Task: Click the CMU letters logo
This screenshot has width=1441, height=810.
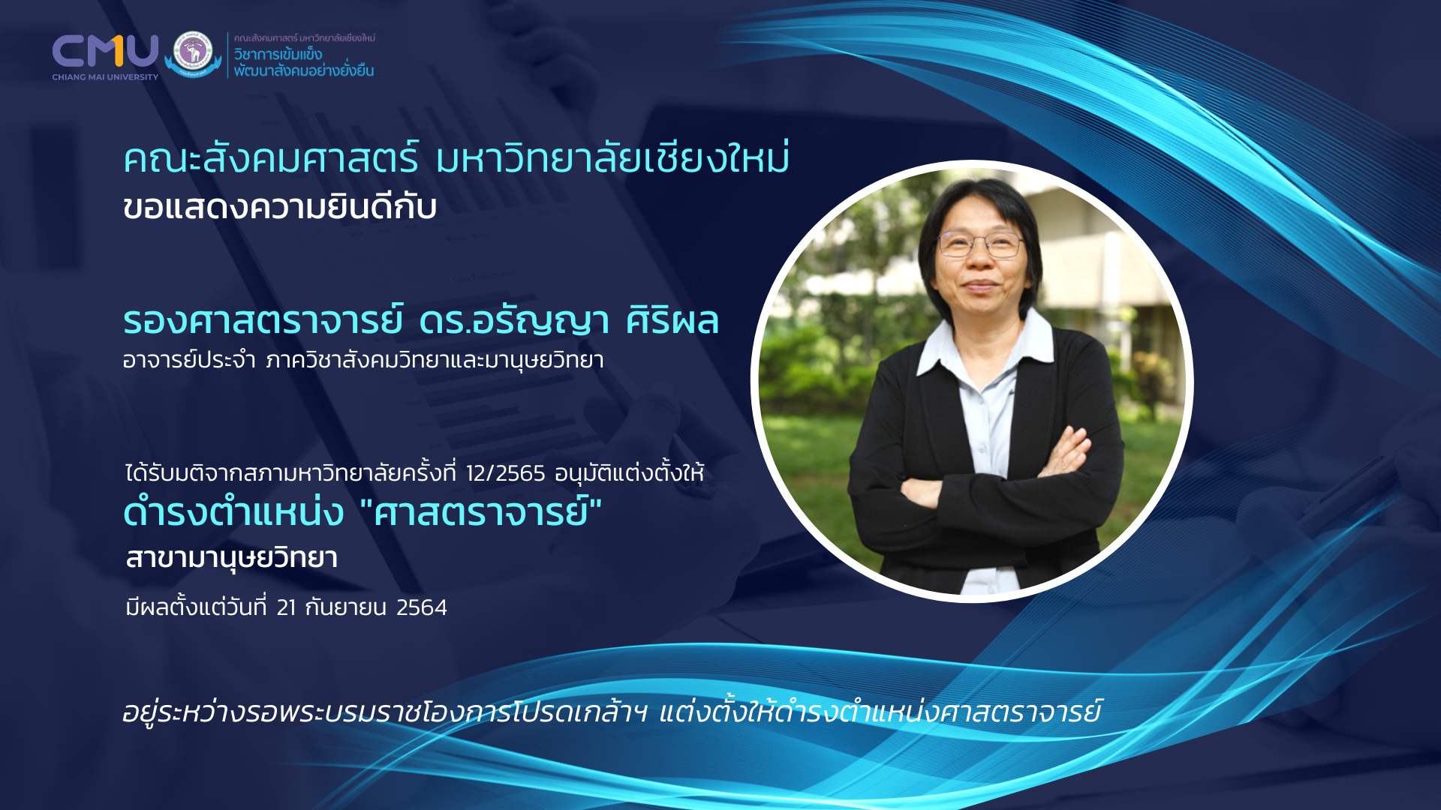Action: click(105, 50)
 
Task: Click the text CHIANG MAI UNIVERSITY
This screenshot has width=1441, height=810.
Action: click(105, 76)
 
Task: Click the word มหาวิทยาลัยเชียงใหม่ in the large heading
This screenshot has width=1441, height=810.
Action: click(612, 158)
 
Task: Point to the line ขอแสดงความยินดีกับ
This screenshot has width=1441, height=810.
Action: click(280, 207)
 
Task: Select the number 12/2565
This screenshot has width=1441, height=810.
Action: click(505, 474)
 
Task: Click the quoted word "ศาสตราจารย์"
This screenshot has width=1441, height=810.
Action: click(481, 512)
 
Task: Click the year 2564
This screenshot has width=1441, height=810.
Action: click(422, 607)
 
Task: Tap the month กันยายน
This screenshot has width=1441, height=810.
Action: click(346, 607)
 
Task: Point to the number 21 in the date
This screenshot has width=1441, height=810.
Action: click(286, 607)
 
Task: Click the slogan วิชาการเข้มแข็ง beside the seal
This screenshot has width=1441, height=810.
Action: click(278, 55)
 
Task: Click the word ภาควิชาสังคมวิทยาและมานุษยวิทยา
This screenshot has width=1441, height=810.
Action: click(435, 361)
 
